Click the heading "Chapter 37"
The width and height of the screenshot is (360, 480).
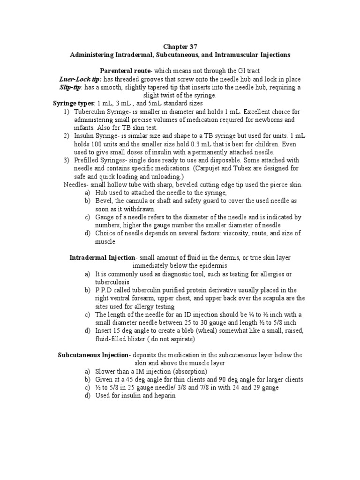tap(180, 46)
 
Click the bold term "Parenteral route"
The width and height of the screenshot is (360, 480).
tap(124, 70)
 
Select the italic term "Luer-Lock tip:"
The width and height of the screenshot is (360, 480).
tap(80, 79)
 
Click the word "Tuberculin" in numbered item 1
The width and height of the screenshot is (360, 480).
tap(90, 112)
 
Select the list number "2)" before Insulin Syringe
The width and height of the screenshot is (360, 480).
tap(66, 136)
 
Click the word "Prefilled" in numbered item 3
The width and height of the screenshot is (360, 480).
tap(87, 160)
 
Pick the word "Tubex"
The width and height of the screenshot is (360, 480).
tap(246, 168)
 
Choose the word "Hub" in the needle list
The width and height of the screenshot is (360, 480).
tap(101, 193)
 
